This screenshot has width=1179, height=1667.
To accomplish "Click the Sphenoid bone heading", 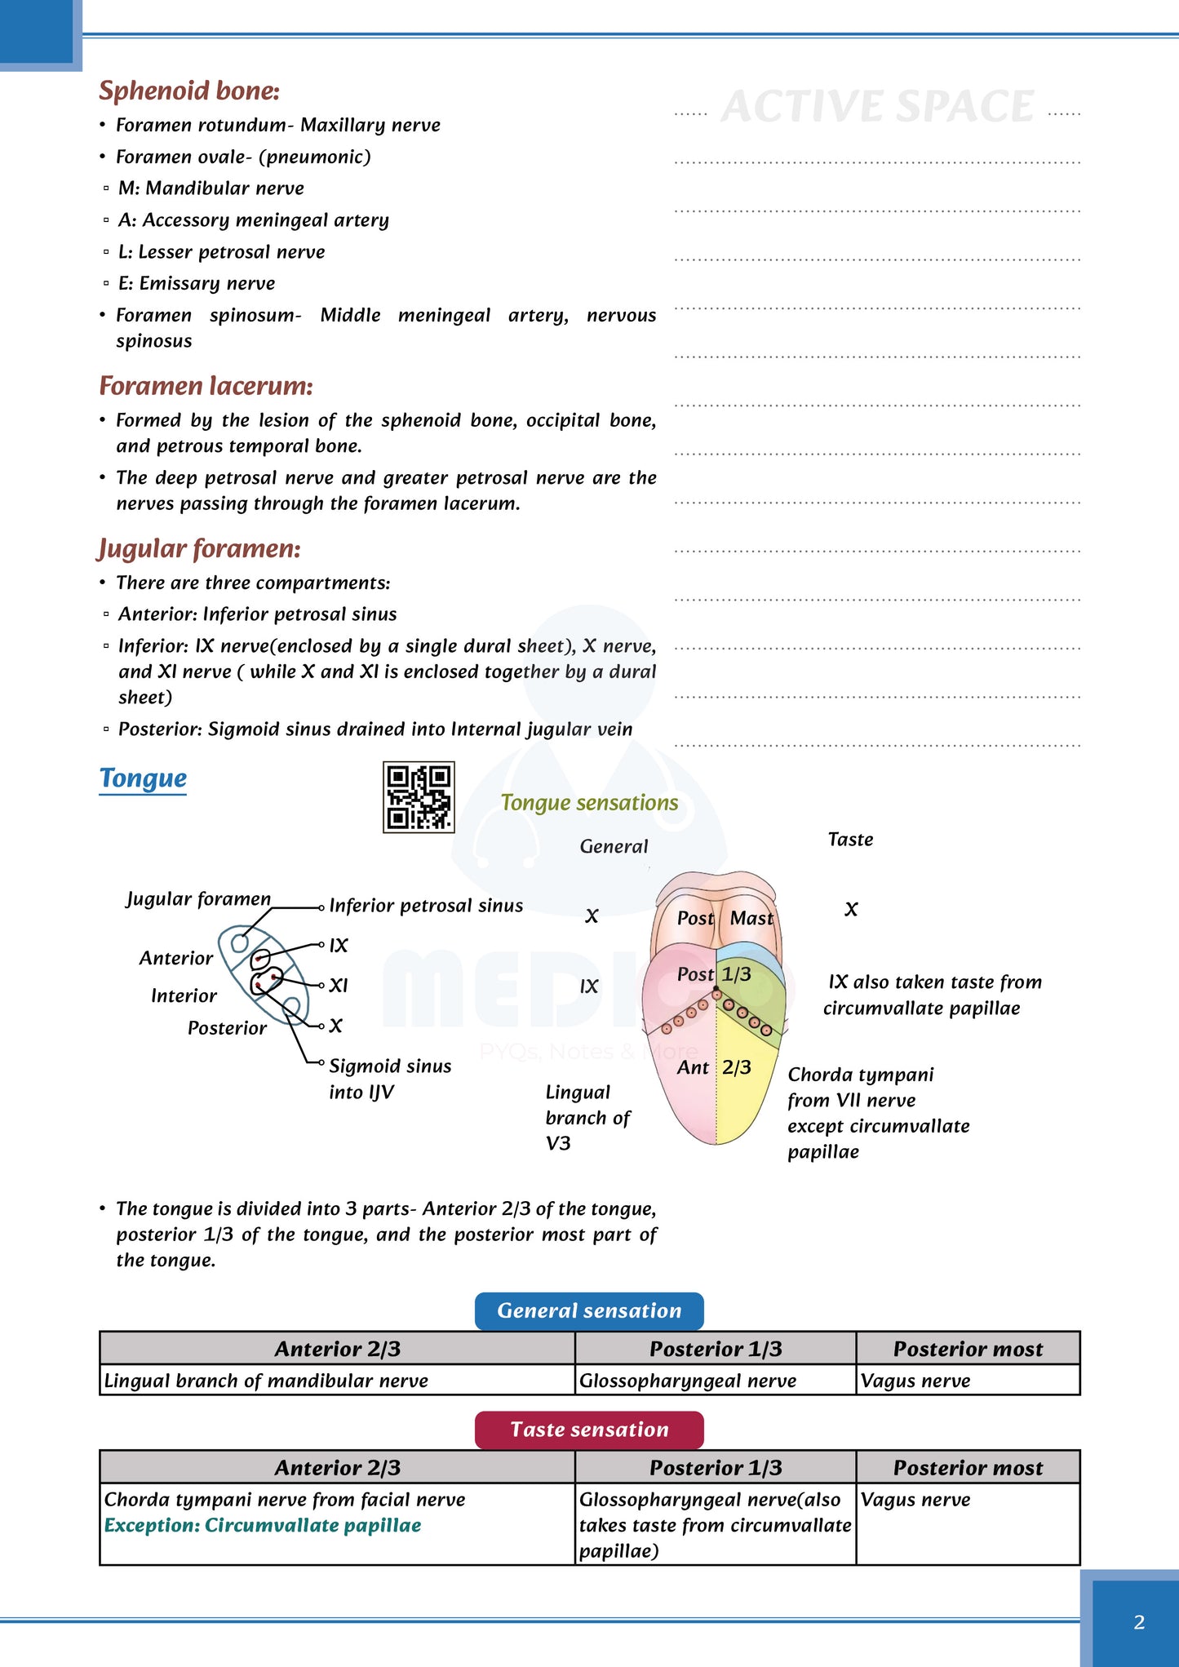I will (x=188, y=91).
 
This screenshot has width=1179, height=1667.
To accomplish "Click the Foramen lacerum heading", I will (x=206, y=386).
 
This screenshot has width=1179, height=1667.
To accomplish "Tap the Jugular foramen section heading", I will (x=199, y=548).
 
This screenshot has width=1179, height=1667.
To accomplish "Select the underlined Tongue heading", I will (x=143, y=778).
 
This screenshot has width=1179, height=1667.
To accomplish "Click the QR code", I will (x=419, y=797).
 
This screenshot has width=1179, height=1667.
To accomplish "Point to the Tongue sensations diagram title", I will (x=589, y=803).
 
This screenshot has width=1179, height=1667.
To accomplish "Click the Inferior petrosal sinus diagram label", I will (x=426, y=906).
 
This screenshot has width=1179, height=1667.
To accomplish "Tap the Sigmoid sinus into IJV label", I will (x=389, y=1079).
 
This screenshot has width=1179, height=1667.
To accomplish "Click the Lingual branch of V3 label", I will (x=587, y=1118).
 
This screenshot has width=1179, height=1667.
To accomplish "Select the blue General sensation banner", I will (x=589, y=1310).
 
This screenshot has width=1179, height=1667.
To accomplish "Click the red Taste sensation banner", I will (x=589, y=1430).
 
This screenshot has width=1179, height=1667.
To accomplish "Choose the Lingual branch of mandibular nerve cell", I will (x=266, y=1381).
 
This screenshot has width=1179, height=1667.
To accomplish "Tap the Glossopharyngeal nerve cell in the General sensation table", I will (x=687, y=1381).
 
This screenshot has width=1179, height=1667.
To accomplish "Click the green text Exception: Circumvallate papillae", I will (x=263, y=1526).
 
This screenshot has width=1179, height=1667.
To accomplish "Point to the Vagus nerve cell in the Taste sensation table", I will (x=915, y=1500).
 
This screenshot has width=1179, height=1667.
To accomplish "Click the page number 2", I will (x=1139, y=1622).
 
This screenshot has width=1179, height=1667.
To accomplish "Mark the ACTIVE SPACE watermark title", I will (x=877, y=107).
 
